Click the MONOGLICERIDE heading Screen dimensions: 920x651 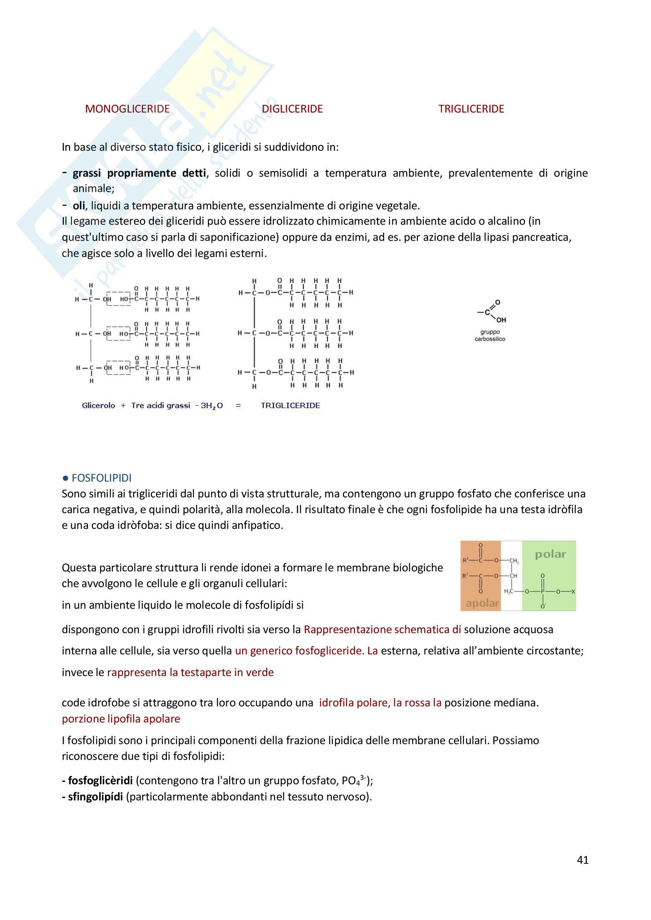pyautogui.click(x=127, y=109)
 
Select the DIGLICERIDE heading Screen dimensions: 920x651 pyautogui.click(x=292, y=109)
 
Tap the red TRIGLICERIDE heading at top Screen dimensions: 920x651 pyautogui.click(x=471, y=109)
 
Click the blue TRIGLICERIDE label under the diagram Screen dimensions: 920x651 pyautogui.click(x=290, y=406)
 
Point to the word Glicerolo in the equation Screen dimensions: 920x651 pyautogui.click(x=98, y=406)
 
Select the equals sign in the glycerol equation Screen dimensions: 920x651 pyautogui.click(x=238, y=406)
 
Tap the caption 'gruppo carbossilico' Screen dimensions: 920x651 pyautogui.click(x=490, y=335)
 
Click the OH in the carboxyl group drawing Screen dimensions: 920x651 pyautogui.click(x=501, y=320)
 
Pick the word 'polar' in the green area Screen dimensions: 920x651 pyautogui.click(x=550, y=554)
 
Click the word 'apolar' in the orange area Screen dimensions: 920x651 pyautogui.click(x=482, y=603)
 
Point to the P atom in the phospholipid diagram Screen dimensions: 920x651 pyautogui.click(x=542, y=591)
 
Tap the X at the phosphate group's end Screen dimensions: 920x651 pyautogui.click(x=573, y=591)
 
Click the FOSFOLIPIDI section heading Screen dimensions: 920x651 pyautogui.click(x=102, y=478)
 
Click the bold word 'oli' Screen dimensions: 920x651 pyautogui.click(x=79, y=205)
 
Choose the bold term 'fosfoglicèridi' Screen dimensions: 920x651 pyautogui.click(x=100, y=781)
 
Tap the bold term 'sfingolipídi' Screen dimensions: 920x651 pyautogui.click(x=95, y=796)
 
